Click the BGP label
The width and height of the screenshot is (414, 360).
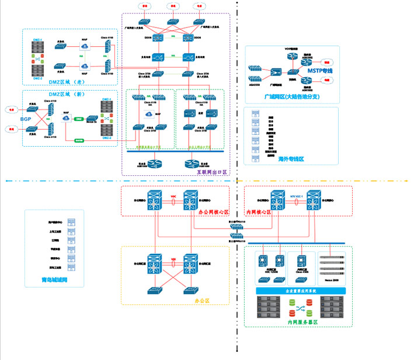pyautogui.click(x=26, y=119)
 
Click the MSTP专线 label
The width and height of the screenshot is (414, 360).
pyautogui.click(x=319, y=71)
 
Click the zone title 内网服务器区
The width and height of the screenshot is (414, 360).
pyautogui.click(x=302, y=322)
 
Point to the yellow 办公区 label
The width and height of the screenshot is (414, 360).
pyautogui.click(x=202, y=300)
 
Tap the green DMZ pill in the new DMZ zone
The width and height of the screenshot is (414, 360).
pyautogui.click(x=79, y=118)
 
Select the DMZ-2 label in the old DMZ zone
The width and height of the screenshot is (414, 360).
pyautogui.click(x=37, y=78)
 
